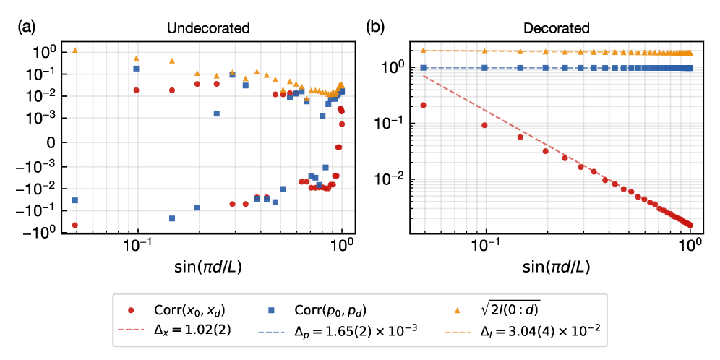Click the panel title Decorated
tap(557, 29)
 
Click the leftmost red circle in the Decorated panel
tap(424, 105)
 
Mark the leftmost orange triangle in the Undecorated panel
tap(75, 51)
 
